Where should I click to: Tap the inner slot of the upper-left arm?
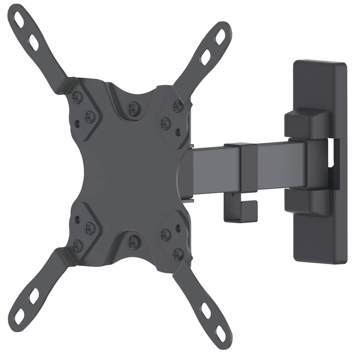(34, 42)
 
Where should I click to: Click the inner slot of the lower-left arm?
(34, 296)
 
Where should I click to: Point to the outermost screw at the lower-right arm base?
(178, 254)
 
